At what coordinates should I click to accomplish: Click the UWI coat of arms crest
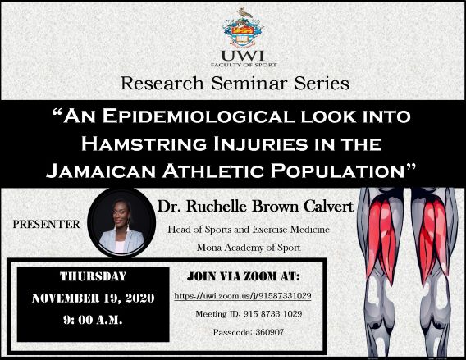tap(243, 28)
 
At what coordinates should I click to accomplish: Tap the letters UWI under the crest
tap(243, 56)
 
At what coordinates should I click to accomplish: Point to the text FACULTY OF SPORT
tap(244, 65)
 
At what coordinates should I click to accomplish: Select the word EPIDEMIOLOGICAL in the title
tap(199, 116)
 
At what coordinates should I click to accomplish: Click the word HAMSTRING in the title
tap(144, 144)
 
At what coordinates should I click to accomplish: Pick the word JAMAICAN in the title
tap(101, 171)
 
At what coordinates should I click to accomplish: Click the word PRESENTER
tap(47, 224)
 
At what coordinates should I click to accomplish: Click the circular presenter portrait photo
tap(121, 223)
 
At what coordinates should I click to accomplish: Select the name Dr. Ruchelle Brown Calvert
tap(255, 206)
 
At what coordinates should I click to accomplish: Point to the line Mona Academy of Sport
tap(249, 248)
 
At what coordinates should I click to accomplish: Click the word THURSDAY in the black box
tap(94, 276)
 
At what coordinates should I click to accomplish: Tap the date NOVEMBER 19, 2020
tap(93, 298)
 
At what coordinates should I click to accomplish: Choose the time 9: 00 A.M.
tap(93, 320)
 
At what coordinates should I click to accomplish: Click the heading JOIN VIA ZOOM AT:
tap(244, 277)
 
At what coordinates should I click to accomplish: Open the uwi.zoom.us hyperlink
tap(243, 296)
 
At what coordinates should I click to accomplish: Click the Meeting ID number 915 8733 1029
tap(272, 314)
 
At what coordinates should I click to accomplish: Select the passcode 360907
tap(270, 332)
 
